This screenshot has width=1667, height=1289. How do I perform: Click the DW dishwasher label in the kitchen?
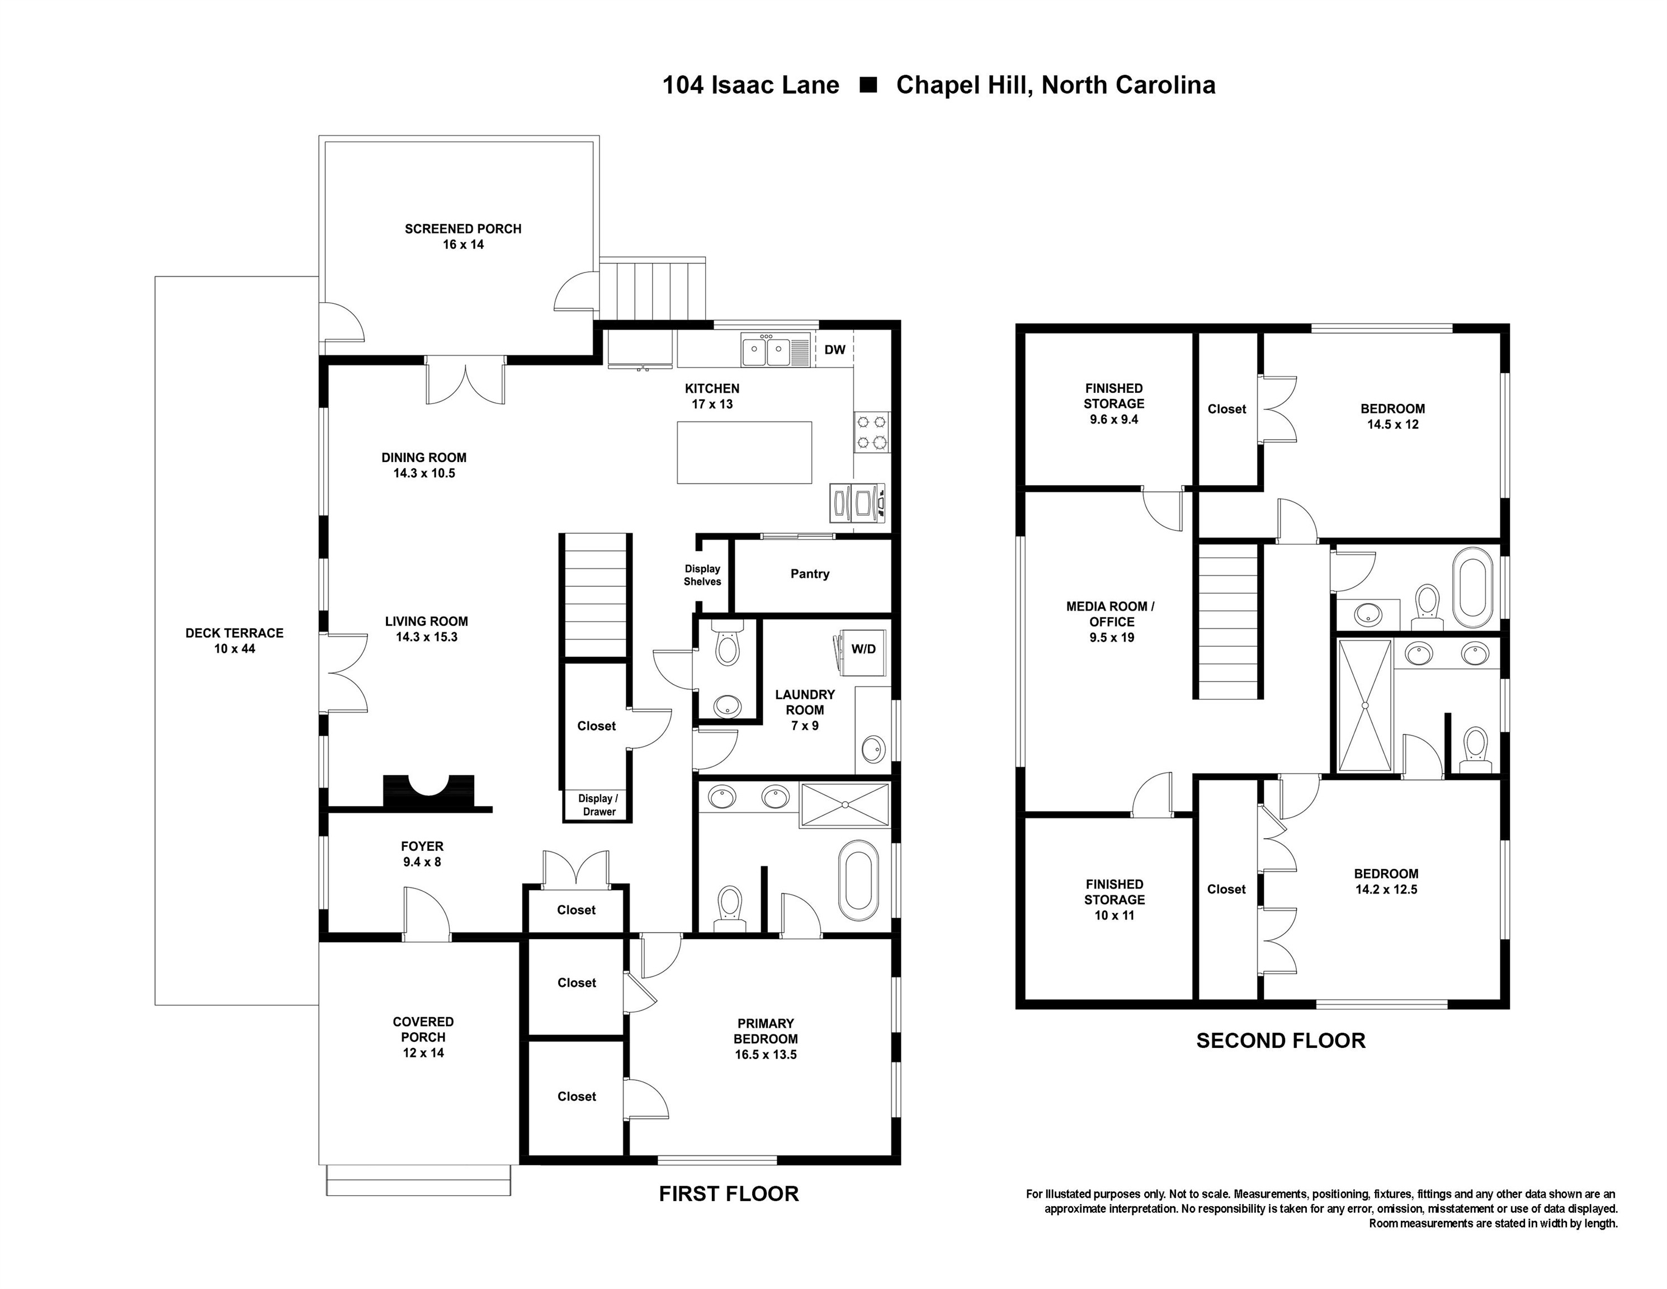click(834, 350)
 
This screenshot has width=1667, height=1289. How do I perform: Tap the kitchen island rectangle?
click(744, 452)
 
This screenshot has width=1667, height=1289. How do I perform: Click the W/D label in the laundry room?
click(863, 649)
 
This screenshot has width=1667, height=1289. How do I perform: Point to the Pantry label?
click(810, 573)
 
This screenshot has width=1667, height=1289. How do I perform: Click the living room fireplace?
click(428, 791)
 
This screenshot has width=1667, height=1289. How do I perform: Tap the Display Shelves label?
click(702, 575)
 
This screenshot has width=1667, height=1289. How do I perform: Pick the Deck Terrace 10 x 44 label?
click(234, 641)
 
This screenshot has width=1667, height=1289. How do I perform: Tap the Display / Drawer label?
click(598, 805)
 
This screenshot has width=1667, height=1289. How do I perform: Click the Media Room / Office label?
click(1111, 622)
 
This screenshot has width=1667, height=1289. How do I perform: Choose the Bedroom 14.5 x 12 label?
click(1392, 416)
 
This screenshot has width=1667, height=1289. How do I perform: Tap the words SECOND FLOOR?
click(1280, 1041)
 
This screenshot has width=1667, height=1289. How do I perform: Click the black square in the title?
click(868, 85)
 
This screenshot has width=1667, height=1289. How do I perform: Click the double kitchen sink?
click(766, 352)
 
